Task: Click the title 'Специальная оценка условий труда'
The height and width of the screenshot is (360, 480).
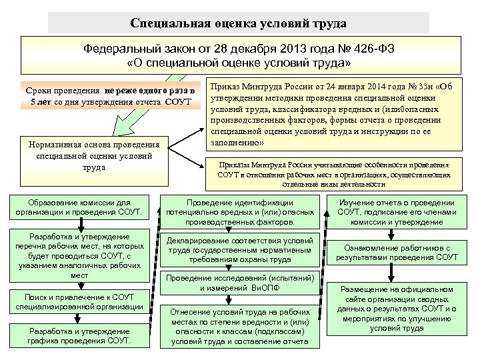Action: click(239, 24)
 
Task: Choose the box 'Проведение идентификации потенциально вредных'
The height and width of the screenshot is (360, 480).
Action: click(240, 212)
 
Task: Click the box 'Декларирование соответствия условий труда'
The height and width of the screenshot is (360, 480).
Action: click(240, 250)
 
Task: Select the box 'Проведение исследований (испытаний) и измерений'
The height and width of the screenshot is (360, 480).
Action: click(240, 282)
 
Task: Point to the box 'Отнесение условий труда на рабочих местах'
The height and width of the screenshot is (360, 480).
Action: click(240, 327)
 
